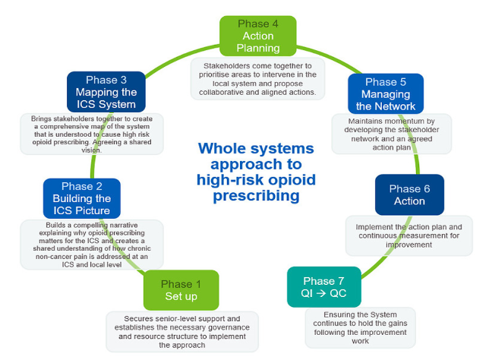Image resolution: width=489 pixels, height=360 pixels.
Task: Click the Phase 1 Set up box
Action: [x=181, y=290]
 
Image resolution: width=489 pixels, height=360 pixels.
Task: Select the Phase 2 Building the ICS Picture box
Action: [x=82, y=198]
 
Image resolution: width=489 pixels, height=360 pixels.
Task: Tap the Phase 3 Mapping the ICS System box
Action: [x=106, y=92]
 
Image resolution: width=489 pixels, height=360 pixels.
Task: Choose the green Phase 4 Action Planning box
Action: [x=258, y=36]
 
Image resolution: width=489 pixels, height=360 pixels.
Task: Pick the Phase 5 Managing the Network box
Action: [x=386, y=94]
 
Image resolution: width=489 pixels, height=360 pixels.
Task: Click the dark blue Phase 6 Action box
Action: [x=409, y=194]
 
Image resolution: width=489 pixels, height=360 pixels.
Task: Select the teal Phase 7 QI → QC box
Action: [x=324, y=287]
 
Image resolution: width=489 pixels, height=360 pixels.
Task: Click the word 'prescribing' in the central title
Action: [x=256, y=196]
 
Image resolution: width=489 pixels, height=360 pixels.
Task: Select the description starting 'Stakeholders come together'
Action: [x=257, y=79]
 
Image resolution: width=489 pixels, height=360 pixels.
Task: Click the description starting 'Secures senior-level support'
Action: [x=182, y=332]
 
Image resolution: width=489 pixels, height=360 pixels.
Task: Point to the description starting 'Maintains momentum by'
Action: [x=392, y=134]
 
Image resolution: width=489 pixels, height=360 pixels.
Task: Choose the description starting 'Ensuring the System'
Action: [x=360, y=327]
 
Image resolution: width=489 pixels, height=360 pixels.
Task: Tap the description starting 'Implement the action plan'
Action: [x=409, y=236]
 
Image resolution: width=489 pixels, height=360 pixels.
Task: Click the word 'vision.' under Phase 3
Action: [x=92, y=150]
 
